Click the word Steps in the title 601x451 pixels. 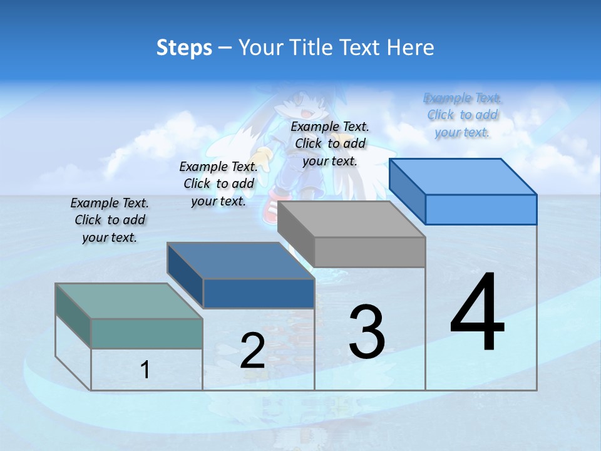click(x=184, y=48)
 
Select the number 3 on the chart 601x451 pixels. click(x=367, y=331)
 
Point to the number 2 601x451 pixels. click(x=252, y=351)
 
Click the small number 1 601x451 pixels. click(x=145, y=370)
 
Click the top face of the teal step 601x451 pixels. click(x=129, y=301)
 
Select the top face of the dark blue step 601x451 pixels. click(x=240, y=261)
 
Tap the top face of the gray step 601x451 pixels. click(x=351, y=219)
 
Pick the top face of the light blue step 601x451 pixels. click(x=463, y=177)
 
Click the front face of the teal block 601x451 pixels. click(x=146, y=333)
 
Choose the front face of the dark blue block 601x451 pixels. click(x=259, y=293)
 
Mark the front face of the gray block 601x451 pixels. click(x=369, y=252)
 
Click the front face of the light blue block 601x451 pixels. click(x=481, y=209)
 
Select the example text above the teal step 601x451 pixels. click(x=110, y=220)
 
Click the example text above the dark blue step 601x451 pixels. click(x=218, y=184)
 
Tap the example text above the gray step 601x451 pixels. click(x=330, y=143)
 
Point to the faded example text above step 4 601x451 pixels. click(x=463, y=115)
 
